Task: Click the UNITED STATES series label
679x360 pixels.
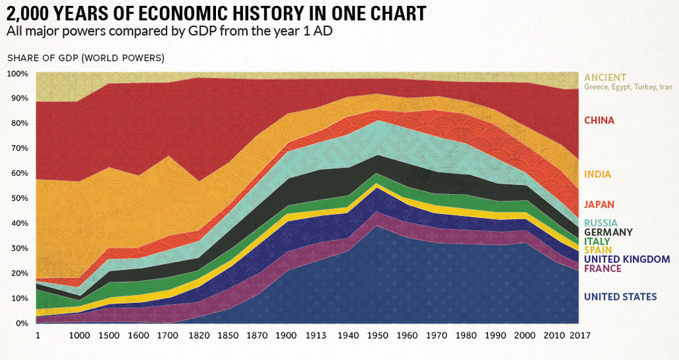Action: click(x=620, y=297)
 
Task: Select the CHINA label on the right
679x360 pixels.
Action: click(x=599, y=120)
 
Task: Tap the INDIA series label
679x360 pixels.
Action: click(x=597, y=174)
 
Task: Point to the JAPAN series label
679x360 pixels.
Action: click(x=599, y=205)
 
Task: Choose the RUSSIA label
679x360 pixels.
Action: click(x=601, y=223)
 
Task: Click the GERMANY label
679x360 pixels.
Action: click(x=608, y=233)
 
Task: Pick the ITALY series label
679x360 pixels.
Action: click(x=597, y=242)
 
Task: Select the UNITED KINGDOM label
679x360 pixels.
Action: click(x=627, y=260)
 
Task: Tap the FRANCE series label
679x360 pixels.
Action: click(x=602, y=269)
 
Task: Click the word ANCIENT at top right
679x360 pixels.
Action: click(x=605, y=77)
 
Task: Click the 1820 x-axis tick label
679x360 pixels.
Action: click(x=199, y=335)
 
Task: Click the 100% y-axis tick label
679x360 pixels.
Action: click(x=17, y=73)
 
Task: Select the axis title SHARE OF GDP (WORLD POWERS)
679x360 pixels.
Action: click(x=85, y=58)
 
